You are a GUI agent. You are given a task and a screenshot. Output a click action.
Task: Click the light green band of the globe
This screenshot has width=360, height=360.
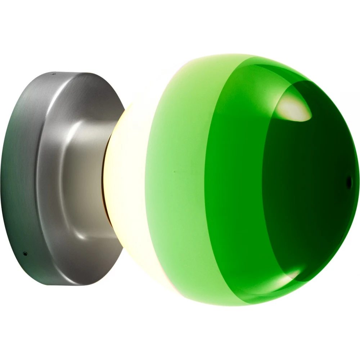click(180, 180)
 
